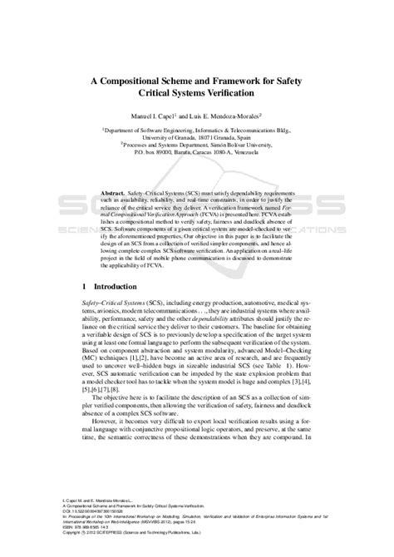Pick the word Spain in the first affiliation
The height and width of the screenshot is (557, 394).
click(x=241, y=137)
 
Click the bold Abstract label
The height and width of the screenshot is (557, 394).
click(x=112, y=190)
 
